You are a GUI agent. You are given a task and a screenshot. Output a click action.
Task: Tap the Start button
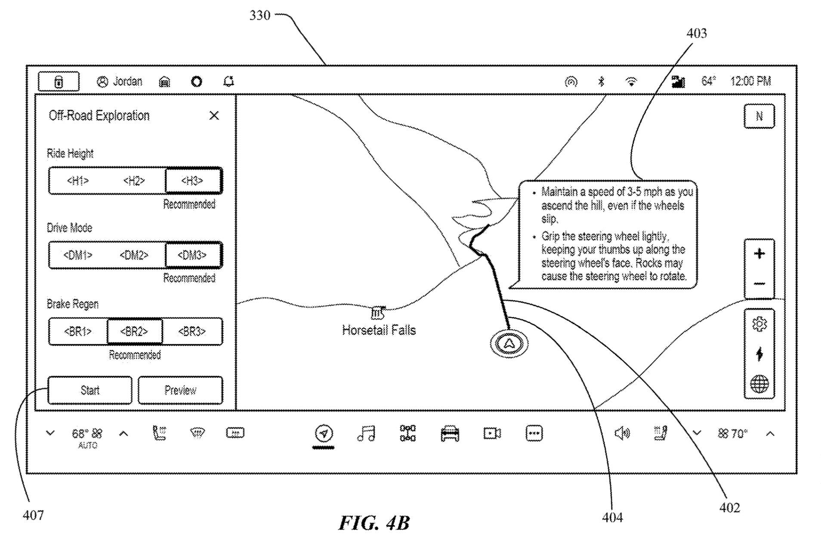(90, 390)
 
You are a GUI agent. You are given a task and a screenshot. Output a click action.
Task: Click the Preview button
(180, 390)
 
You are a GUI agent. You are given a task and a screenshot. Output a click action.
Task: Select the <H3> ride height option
(192, 181)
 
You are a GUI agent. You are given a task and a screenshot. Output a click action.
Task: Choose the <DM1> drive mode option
(78, 255)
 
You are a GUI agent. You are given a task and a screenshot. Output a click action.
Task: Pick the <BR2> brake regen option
(134, 331)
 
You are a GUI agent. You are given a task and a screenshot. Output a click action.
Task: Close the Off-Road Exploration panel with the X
(214, 115)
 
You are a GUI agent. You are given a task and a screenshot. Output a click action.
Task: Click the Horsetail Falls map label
(379, 330)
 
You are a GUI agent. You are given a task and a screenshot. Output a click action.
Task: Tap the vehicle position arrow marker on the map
(509, 343)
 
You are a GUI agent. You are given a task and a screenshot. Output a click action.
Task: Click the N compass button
(759, 116)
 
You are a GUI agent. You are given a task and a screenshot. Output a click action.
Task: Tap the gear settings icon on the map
(759, 324)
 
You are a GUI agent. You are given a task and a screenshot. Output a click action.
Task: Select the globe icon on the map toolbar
(759, 384)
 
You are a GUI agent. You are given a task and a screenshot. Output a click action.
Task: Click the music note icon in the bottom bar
(366, 433)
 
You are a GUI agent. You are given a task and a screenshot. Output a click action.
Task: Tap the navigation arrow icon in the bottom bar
(324, 433)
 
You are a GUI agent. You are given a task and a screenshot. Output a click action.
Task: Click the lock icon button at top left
(59, 82)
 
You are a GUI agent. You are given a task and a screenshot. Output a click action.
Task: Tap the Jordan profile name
(127, 81)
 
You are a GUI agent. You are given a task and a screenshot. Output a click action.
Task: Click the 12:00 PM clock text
(750, 81)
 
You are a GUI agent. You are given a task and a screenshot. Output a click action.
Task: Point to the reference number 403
(696, 33)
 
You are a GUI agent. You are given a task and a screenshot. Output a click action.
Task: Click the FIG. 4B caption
(374, 523)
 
